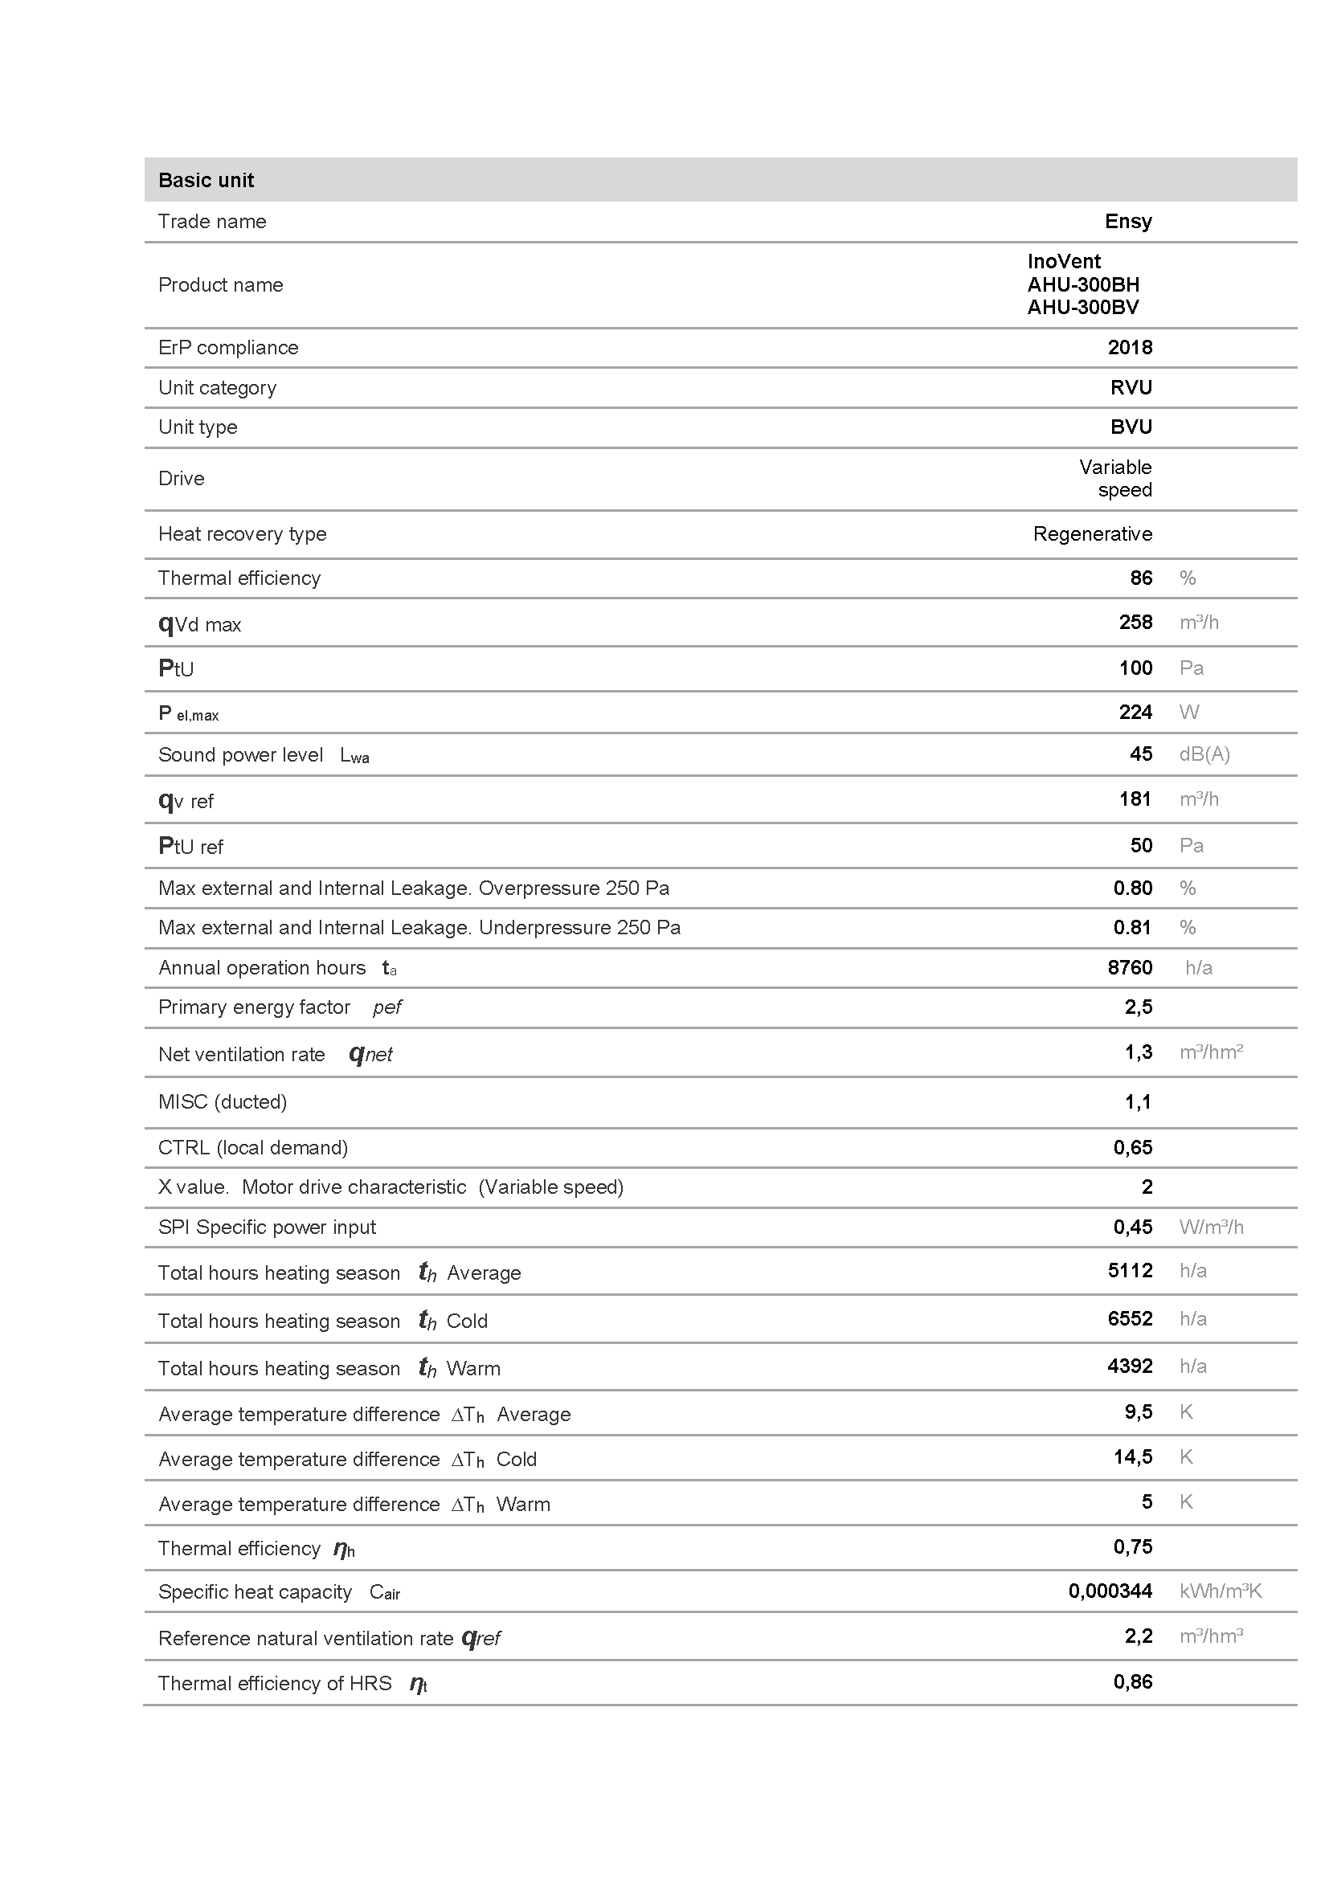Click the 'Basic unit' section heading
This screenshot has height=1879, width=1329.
pos(206,180)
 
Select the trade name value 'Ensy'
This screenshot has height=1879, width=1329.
pos(1127,221)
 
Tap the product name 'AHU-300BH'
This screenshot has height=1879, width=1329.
pos(1082,285)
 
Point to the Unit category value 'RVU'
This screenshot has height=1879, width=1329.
pos(1131,387)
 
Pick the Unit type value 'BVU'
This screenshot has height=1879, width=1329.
pos(1131,427)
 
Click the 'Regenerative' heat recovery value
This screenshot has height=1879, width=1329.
pos(1092,533)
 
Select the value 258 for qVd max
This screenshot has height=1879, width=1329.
pos(1135,622)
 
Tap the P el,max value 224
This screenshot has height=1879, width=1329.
pos(1135,712)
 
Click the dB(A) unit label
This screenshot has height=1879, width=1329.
pos(1204,754)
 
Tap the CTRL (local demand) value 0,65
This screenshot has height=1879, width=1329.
pos(1132,1147)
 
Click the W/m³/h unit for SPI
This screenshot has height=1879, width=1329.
pos(1210,1227)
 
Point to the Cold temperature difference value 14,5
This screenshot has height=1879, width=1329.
pos(1132,1456)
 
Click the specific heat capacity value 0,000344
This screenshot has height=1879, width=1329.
pos(1110,1591)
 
